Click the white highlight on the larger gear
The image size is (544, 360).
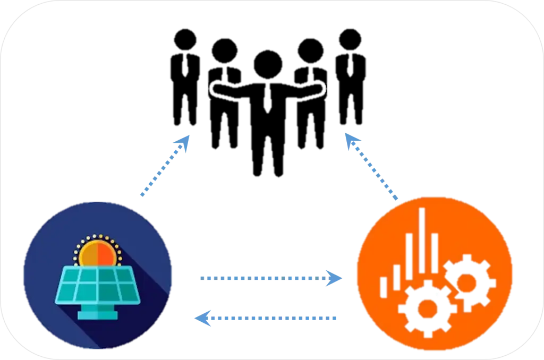click(x=437, y=294)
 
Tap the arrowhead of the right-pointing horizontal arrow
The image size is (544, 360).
click(x=336, y=278)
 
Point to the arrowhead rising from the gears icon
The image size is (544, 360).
click(x=351, y=141)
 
